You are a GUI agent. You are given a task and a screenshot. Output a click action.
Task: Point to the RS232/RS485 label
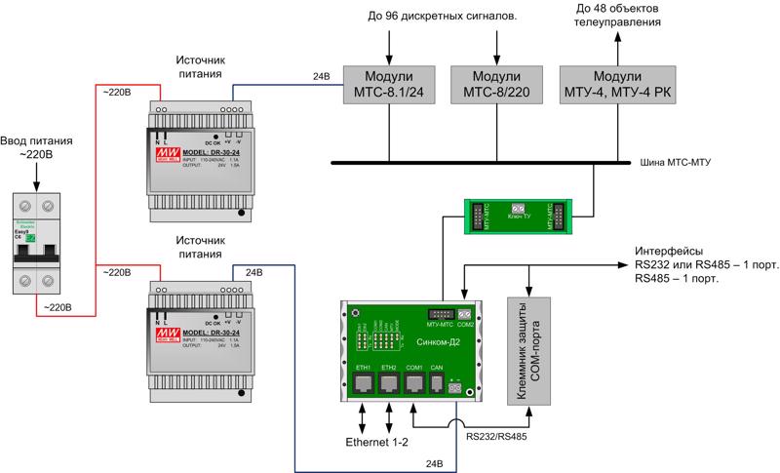[x=496, y=438]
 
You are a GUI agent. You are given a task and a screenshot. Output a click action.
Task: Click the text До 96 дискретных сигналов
[x=443, y=17]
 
